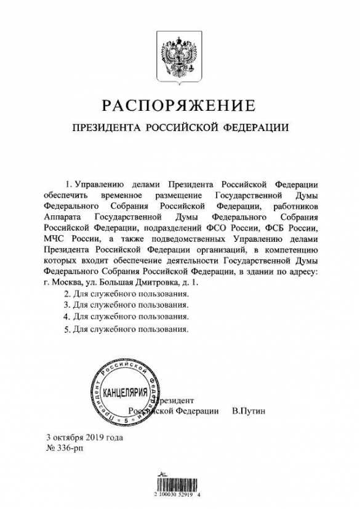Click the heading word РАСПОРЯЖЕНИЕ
(x=180, y=106)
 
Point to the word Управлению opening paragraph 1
(x=102, y=185)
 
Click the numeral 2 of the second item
(x=66, y=295)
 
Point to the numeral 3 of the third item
(x=66, y=306)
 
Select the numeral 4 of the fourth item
(x=66, y=317)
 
